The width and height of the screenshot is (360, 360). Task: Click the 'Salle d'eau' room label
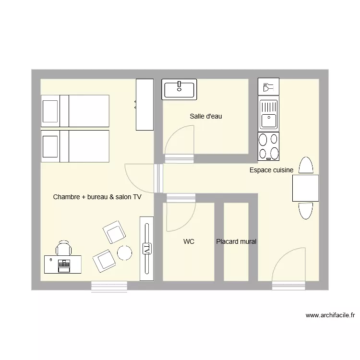205,116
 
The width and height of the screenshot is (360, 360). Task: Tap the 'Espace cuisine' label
271,170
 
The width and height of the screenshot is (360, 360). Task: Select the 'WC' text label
189,242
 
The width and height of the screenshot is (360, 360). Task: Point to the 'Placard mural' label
236,242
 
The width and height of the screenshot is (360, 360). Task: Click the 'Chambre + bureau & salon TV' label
97,197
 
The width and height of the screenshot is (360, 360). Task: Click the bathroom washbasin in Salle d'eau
179,89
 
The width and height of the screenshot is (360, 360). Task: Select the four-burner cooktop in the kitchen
268,146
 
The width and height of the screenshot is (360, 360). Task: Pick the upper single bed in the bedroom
75,111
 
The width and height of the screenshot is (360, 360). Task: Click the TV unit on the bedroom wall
146,248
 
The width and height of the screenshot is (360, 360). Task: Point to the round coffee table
125,252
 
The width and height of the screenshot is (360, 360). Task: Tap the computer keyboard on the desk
63,264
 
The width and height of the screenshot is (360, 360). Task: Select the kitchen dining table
305,188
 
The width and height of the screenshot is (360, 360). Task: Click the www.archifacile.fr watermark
330,315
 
